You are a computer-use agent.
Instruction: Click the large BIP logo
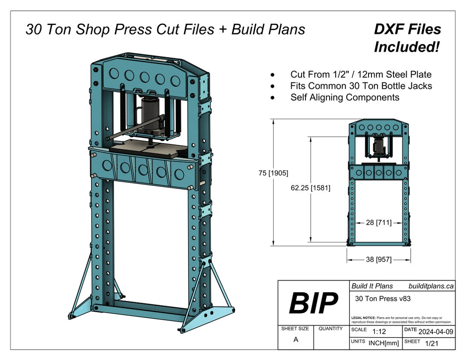(x=313, y=303)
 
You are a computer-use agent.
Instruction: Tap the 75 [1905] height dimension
(x=274, y=173)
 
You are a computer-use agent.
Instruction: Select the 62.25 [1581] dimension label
(x=310, y=188)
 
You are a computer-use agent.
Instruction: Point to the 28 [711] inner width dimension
(x=378, y=223)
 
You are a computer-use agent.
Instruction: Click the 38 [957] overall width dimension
(x=378, y=260)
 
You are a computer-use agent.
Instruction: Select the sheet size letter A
(x=296, y=340)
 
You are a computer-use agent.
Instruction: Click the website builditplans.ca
(x=430, y=286)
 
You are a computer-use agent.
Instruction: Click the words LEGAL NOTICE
(x=363, y=318)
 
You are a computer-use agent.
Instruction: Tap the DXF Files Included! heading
(x=407, y=38)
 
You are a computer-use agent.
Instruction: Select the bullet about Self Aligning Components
(x=345, y=97)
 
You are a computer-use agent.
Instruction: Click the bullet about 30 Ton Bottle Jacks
(x=361, y=86)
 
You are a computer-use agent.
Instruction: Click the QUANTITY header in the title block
(x=331, y=329)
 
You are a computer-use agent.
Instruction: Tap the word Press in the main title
(x=134, y=29)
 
